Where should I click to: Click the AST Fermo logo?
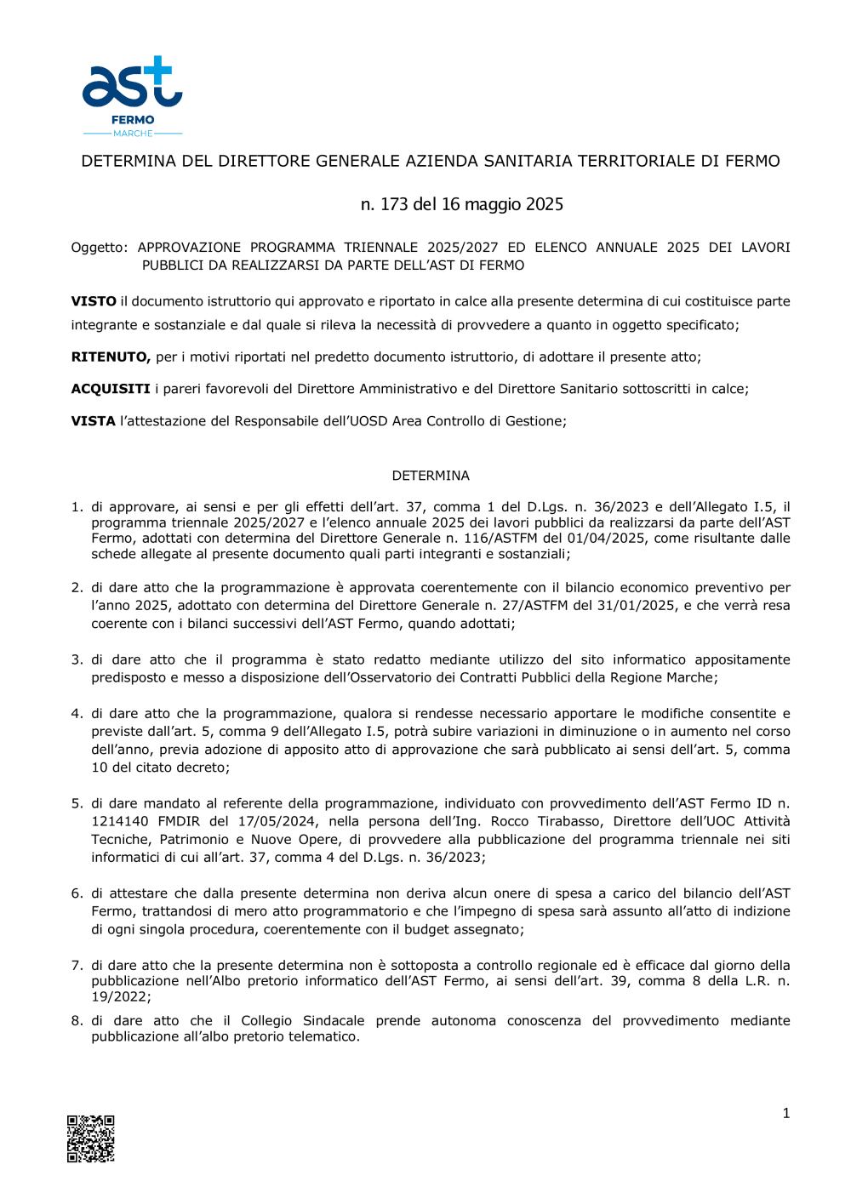(132, 95)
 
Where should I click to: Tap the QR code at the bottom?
(91, 1138)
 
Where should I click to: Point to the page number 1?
(785, 1113)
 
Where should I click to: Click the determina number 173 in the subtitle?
(394, 204)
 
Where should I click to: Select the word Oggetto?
(98, 248)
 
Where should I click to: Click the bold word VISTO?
(94, 301)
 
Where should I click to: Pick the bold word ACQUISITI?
(111, 389)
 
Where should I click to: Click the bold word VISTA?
(94, 421)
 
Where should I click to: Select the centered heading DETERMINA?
(431, 476)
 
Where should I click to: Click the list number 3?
(77, 659)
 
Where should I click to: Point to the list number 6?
(77, 893)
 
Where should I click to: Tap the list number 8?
(77, 1021)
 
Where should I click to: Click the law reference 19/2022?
(120, 997)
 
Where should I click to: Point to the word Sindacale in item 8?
(333, 1021)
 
